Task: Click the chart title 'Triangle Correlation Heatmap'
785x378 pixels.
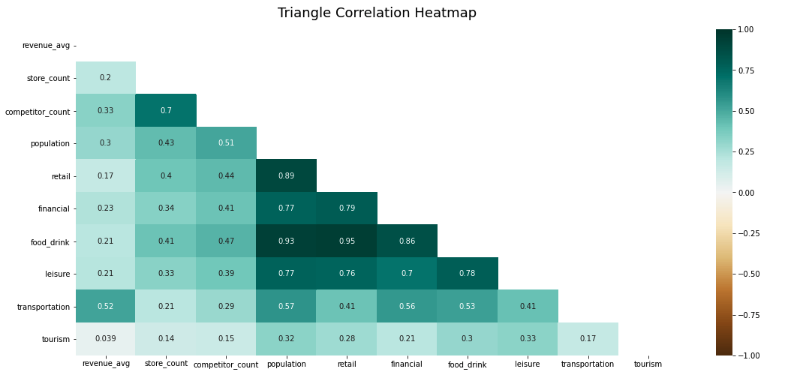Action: [377, 13]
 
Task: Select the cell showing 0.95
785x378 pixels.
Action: [347, 241]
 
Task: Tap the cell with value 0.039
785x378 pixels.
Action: [106, 339]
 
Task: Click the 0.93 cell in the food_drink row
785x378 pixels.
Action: [287, 241]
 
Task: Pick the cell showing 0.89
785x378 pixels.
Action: [287, 175]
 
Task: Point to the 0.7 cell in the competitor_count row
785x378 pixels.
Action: [166, 110]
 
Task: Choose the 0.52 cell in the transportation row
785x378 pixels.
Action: [106, 306]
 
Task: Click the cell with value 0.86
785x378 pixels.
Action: [407, 241]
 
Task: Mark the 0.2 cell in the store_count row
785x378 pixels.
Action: [106, 78]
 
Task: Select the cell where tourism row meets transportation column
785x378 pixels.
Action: [588, 339]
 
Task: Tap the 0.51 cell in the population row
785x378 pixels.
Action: [226, 143]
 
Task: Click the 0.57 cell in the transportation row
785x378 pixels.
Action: [287, 306]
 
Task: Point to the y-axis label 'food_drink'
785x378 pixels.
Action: [50, 241]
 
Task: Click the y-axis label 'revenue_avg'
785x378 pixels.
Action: [46, 46]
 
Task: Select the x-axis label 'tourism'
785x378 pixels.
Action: [648, 364]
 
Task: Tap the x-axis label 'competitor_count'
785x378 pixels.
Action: [226, 364]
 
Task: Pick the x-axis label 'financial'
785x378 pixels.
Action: [407, 364]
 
